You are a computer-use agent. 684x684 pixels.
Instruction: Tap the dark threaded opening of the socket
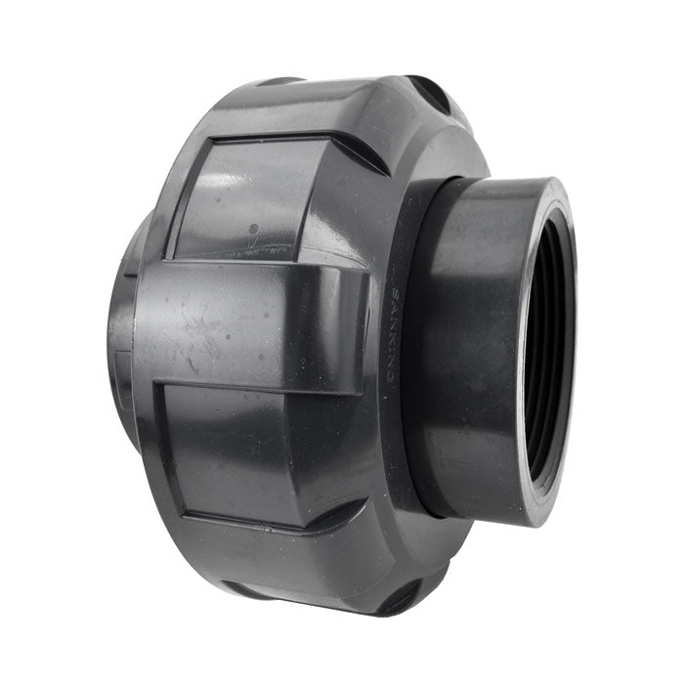pyautogui.click(x=547, y=352)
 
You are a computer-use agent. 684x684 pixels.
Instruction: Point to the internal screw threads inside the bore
pyautogui.click(x=552, y=293)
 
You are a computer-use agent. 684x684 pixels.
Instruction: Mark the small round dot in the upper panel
pyautogui.click(x=253, y=231)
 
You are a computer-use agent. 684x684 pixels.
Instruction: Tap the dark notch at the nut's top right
pyautogui.click(x=430, y=93)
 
